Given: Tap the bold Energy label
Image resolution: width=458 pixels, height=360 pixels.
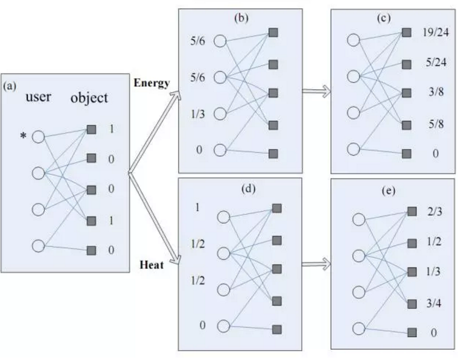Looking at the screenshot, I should [152, 83].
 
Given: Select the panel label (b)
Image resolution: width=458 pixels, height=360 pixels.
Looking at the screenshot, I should [242, 19].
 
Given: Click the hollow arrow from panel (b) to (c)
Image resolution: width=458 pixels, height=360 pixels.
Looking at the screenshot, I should [316, 91].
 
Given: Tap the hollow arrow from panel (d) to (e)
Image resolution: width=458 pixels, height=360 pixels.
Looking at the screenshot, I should [316, 265].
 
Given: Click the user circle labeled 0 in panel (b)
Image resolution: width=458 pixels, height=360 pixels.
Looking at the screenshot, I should [220, 150].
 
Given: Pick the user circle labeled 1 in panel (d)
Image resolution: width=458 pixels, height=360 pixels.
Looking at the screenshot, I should [223, 217].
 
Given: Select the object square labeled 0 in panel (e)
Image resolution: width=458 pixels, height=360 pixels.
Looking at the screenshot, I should [412, 333].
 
